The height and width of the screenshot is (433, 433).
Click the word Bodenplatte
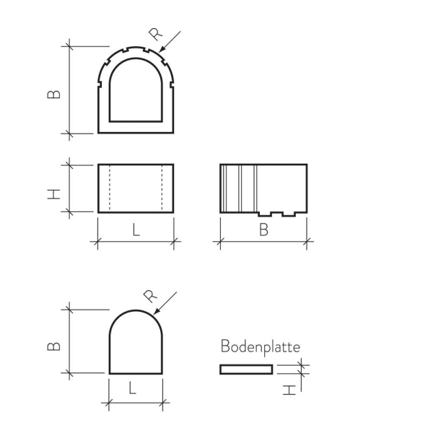(x=260, y=347)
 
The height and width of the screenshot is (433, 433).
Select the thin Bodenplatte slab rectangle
(x=246, y=369)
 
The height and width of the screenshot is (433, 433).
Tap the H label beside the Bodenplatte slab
(x=289, y=390)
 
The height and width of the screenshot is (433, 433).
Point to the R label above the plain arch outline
(x=150, y=296)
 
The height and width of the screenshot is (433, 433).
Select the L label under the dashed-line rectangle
(x=136, y=231)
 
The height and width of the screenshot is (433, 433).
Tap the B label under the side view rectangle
(x=263, y=231)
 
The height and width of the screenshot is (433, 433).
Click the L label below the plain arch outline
(x=133, y=388)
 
